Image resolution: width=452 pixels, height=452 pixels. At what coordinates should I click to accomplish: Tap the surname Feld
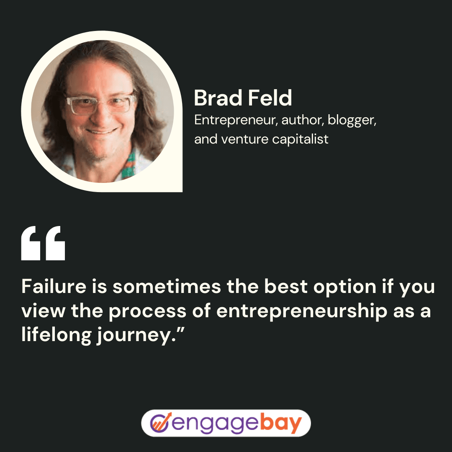270,98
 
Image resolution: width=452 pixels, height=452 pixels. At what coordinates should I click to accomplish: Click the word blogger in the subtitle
352,120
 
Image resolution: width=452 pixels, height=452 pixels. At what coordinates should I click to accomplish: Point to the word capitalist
300,139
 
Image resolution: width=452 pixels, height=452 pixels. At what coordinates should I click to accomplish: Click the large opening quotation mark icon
43,243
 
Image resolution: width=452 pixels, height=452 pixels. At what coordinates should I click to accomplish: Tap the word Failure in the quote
54,286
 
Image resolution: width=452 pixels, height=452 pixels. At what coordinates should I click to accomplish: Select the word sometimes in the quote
167,287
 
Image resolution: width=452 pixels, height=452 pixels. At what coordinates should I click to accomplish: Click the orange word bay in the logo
281,423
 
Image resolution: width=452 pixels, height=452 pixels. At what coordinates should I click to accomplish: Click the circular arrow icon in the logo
160,423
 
